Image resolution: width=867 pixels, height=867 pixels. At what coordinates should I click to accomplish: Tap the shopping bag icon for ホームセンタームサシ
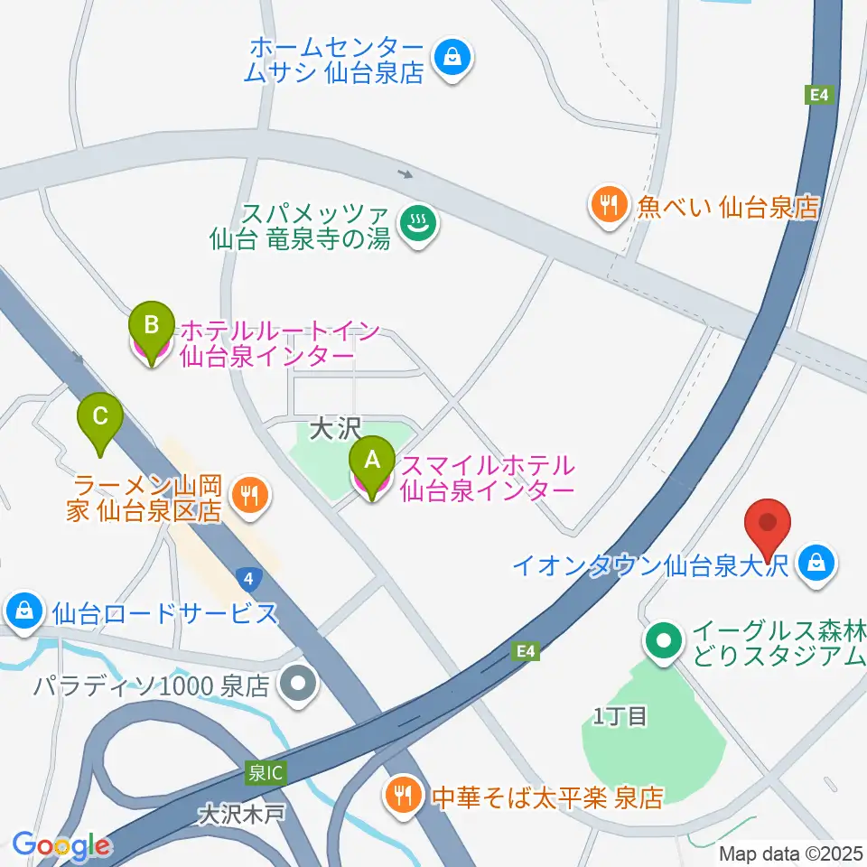pyautogui.click(x=449, y=59)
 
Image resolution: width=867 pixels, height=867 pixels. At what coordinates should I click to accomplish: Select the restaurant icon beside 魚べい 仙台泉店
pyautogui.click(x=610, y=207)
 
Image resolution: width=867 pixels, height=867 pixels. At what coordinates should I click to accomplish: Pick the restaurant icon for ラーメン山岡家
pyautogui.click(x=248, y=493)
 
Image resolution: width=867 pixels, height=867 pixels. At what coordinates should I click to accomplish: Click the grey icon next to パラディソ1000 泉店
pyautogui.click(x=298, y=684)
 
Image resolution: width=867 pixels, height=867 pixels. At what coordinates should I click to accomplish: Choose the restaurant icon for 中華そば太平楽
pyautogui.click(x=401, y=796)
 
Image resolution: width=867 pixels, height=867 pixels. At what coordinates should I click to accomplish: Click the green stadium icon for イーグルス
pyautogui.click(x=665, y=643)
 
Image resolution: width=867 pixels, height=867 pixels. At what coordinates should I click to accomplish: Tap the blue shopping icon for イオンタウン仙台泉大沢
pyautogui.click(x=816, y=565)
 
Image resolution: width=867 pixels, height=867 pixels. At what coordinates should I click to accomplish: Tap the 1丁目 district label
pyautogui.click(x=620, y=717)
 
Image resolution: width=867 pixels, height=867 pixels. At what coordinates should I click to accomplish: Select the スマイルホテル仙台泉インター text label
pyautogui.click(x=488, y=478)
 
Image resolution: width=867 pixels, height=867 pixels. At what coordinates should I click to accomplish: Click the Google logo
pyautogui.click(x=61, y=845)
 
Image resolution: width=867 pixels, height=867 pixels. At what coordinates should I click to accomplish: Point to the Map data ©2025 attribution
pyautogui.click(x=789, y=853)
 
